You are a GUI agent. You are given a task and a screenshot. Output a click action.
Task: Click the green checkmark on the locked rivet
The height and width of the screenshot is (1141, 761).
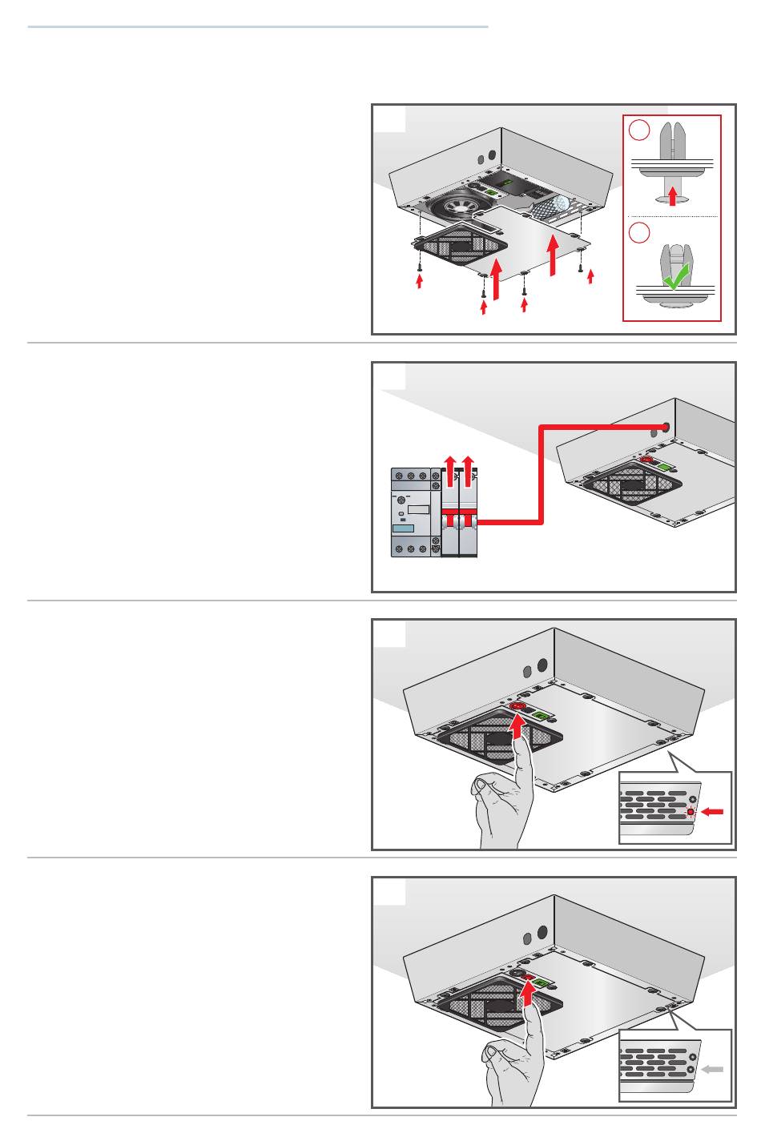pyautogui.click(x=676, y=278)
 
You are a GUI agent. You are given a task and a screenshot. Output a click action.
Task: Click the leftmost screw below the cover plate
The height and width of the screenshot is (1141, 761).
pyautogui.click(x=419, y=267)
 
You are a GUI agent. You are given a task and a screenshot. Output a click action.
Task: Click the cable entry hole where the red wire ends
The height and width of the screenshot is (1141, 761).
pyautogui.click(x=666, y=427)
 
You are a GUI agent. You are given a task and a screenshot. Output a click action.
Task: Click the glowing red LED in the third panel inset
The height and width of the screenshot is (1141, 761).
pyautogui.click(x=691, y=812)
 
